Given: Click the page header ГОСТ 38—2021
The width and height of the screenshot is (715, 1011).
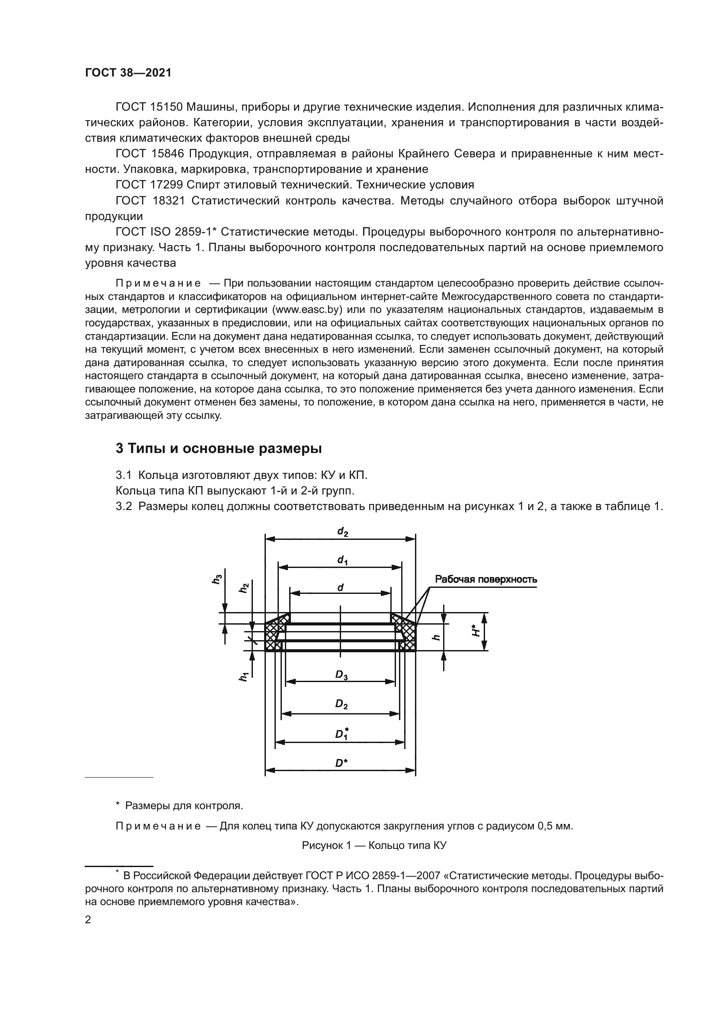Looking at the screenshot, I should [128, 73].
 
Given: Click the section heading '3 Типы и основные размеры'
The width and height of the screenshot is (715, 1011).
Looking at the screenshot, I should [218, 449].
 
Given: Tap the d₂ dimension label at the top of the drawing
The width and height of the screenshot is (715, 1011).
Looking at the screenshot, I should [342, 532].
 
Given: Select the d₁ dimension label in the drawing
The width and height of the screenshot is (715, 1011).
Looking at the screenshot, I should [342, 560].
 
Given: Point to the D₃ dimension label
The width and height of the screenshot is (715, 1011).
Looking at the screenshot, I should [341, 674].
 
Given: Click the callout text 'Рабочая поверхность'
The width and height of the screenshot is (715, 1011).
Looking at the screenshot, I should [485, 579].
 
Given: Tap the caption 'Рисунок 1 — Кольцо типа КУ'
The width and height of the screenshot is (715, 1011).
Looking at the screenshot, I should [374, 845].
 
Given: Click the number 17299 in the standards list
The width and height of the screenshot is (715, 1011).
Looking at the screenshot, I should [169, 185].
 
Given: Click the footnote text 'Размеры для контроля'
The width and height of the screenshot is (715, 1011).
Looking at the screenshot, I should [184, 806].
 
